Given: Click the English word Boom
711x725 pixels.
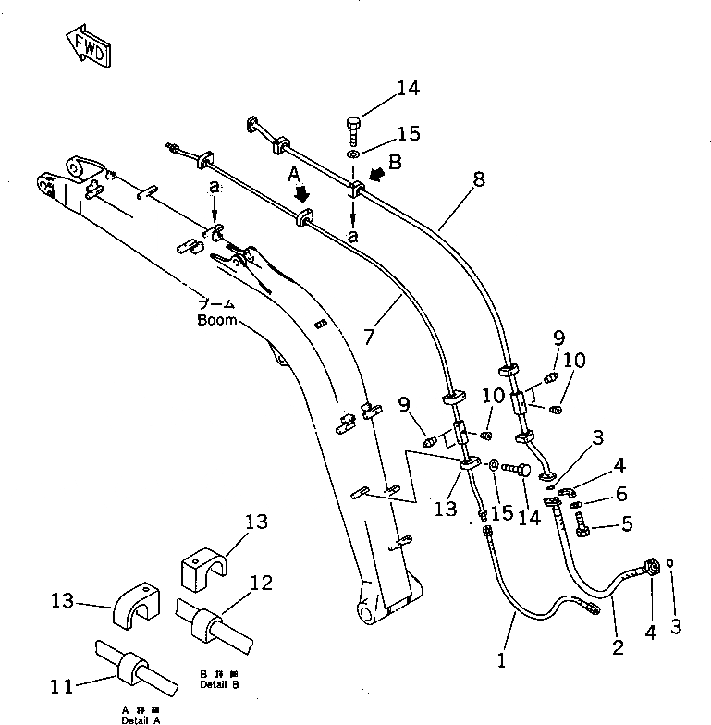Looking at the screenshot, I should pos(217,321).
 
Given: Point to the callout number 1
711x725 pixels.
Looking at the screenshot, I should pos(501,661).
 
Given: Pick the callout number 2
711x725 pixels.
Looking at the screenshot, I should pos(618,645).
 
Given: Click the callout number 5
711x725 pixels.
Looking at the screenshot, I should pos(626,525).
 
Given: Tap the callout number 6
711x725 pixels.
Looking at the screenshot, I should pos(620,495).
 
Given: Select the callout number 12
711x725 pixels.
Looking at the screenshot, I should pos(262,583).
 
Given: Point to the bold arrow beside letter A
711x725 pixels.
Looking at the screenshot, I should pos(300,195).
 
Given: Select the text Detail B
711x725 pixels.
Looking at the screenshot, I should pos(218,687).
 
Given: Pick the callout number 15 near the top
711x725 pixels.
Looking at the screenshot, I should pos(408,134).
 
